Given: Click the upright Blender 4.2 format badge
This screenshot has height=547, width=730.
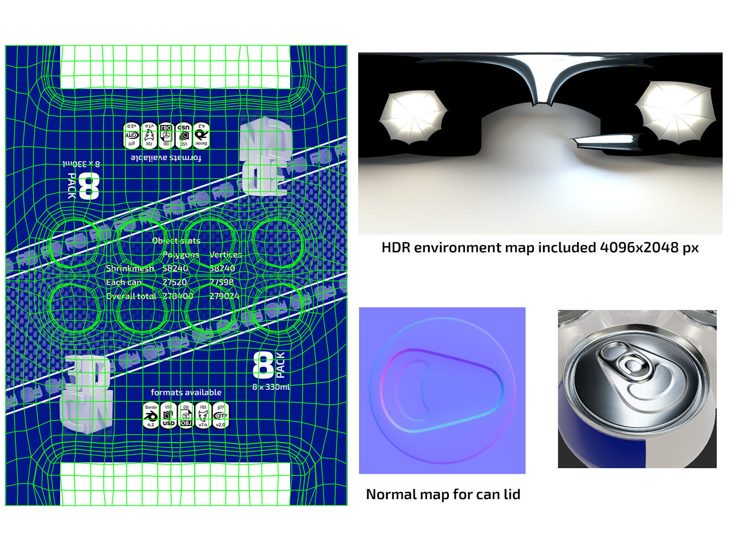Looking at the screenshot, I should [151, 415].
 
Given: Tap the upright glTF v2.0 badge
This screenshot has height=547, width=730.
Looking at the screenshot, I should [220, 415].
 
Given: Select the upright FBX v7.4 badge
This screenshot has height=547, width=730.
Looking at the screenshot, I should [203, 415].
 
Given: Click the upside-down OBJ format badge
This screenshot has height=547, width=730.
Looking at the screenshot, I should [167, 135].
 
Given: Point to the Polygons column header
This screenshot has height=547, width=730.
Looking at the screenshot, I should [181, 254].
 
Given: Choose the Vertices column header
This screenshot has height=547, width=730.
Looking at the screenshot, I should [225, 254].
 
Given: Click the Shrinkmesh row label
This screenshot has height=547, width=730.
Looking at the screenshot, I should [130, 268].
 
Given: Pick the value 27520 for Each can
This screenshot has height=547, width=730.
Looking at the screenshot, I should [175, 282].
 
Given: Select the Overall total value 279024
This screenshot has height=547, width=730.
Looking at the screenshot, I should [224, 296].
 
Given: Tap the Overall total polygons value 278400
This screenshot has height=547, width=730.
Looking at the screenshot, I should [178, 296].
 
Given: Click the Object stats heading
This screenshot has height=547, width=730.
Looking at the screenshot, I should [176, 241].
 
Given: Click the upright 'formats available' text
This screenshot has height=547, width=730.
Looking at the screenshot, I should [186, 392].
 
